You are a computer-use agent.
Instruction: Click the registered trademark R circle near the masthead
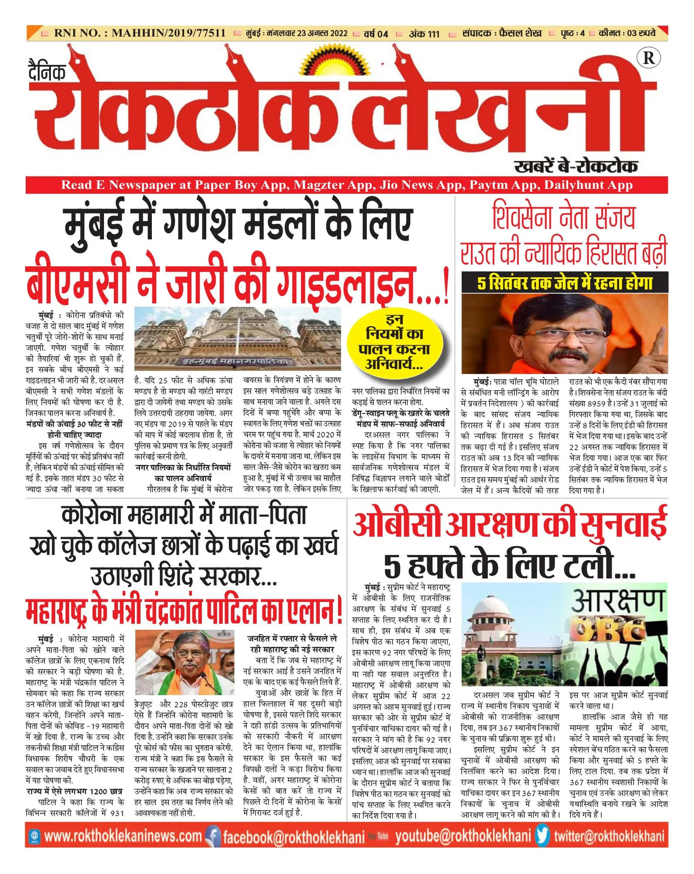click(648, 58)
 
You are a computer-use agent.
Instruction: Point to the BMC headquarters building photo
click(238, 338)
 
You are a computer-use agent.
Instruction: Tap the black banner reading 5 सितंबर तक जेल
click(564, 283)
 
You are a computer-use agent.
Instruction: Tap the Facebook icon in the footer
click(213, 836)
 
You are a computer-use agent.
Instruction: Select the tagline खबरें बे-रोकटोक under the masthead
click(576, 166)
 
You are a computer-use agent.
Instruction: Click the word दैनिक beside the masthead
click(47, 72)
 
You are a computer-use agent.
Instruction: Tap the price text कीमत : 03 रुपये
click(627, 33)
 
